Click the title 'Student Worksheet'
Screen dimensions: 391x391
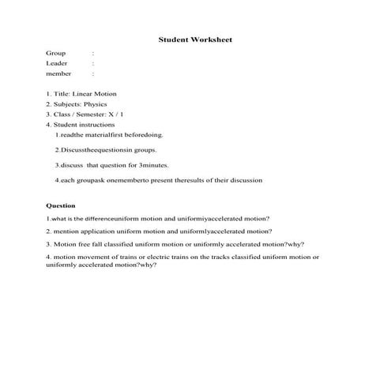click(195, 39)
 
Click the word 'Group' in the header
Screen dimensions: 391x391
click(56, 53)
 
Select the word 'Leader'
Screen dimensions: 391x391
click(57, 63)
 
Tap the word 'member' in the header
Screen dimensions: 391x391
click(58, 73)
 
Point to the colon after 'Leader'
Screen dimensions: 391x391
click(93, 63)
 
